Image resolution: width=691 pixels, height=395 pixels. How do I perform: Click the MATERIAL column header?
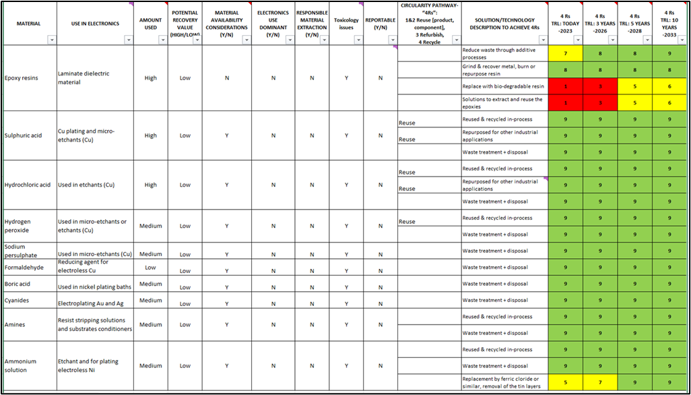pyautogui.click(x=28, y=24)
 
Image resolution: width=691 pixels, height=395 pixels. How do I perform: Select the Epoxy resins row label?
pyautogui.click(x=21, y=78)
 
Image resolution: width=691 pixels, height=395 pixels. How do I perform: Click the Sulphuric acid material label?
pyautogui.click(x=23, y=135)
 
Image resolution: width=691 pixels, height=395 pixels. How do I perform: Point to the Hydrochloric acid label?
pyautogui.click(x=27, y=185)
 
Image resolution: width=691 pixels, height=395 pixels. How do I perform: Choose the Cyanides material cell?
pyautogui.click(x=17, y=300)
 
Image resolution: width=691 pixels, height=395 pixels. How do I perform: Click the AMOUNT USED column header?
pyautogui.click(x=150, y=24)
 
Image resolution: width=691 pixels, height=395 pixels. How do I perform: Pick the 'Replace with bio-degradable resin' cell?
pyautogui.click(x=502, y=86)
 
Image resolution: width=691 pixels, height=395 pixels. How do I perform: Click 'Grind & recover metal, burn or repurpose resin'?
pyautogui.click(x=502, y=69)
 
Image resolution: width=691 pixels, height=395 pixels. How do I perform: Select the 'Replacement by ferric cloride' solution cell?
pyautogui.click(x=502, y=382)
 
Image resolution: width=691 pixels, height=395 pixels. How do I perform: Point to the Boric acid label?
pyautogui.click(x=18, y=284)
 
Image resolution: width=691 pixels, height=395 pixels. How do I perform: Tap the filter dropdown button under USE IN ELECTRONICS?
pyautogui.click(x=129, y=40)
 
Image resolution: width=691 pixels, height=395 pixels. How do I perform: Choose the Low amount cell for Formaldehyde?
pyautogui.click(x=150, y=267)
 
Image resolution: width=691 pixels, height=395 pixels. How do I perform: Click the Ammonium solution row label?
pyautogui.click(x=21, y=366)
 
